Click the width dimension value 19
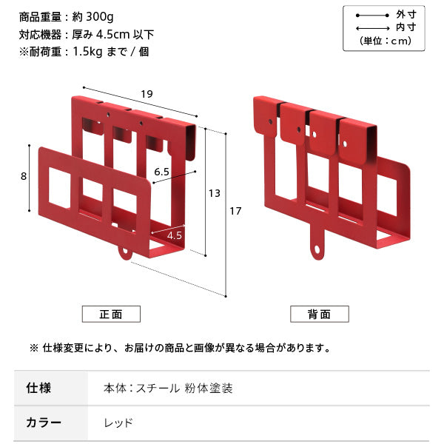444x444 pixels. [147, 94]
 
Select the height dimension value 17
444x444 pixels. [235, 212]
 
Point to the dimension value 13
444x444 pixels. [215, 193]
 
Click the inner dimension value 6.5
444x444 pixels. [163, 171]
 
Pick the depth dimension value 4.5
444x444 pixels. [175, 235]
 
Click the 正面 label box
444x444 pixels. [111, 314]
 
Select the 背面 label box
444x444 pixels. [319, 314]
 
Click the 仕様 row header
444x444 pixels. [38, 388]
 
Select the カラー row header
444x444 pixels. [44, 423]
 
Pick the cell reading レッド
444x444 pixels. [119, 423]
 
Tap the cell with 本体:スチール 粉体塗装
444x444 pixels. [169, 388]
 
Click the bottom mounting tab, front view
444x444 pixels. [124, 252]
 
